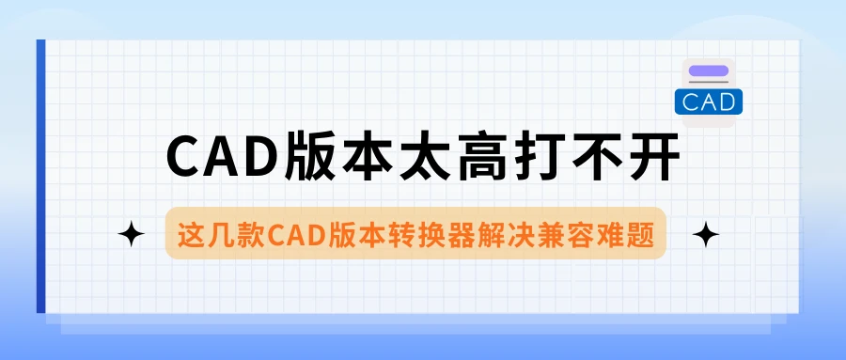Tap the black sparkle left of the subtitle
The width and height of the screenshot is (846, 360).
pos(131,234)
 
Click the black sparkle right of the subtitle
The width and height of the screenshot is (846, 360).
pos(706,234)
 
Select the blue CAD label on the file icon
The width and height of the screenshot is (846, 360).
pos(709,102)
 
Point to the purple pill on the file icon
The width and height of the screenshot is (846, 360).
pos(709,70)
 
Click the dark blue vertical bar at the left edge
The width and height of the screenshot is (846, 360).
pos(41,176)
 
